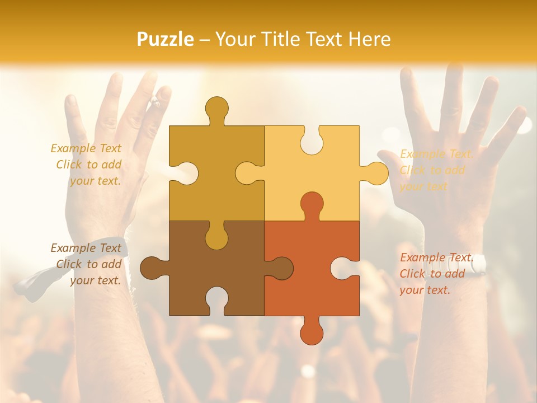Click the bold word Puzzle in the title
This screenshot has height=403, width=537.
[x=166, y=39]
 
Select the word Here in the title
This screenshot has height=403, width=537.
[x=369, y=39]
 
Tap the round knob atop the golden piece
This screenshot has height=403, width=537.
[x=216, y=109]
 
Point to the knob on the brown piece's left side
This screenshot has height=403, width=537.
[x=152, y=268]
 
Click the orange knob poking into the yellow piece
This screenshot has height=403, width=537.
[x=312, y=204]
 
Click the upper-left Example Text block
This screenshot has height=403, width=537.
[x=87, y=165]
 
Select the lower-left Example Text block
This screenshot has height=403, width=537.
[x=87, y=264]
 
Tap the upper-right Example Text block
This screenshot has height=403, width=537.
[x=436, y=170]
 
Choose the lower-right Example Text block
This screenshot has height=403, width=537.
[x=436, y=274]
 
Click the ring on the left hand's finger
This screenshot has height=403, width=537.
[x=155, y=102]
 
